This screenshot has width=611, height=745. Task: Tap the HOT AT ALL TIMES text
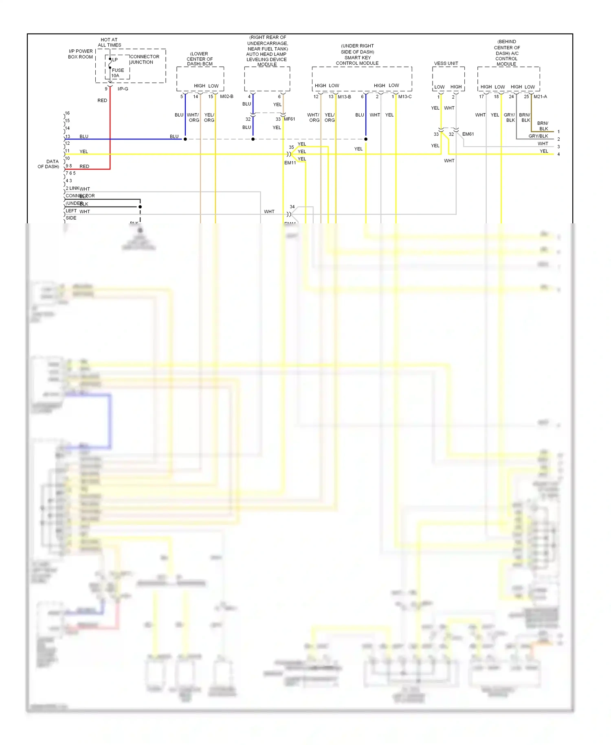point(109,42)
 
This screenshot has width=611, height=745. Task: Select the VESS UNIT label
point(446,64)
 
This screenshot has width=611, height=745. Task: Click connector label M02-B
point(226,97)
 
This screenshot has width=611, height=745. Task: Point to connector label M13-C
point(405,97)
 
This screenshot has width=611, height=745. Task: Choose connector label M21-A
point(540,97)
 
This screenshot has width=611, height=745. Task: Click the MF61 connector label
point(289,119)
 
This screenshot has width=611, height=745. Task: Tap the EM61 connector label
point(468,134)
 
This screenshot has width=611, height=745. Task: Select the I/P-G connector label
point(123,89)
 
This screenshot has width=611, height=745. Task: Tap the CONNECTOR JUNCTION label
point(144,60)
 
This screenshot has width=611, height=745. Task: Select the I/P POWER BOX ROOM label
point(81,54)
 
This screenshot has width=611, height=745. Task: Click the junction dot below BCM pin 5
point(185,139)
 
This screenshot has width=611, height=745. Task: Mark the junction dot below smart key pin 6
point(366,139)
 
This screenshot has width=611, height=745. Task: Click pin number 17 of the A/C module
point(481,97)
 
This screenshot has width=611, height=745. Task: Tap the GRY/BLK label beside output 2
point(538,136)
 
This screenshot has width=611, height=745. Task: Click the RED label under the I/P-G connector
point(102,100)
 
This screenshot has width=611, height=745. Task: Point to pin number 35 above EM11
point(291,147)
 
